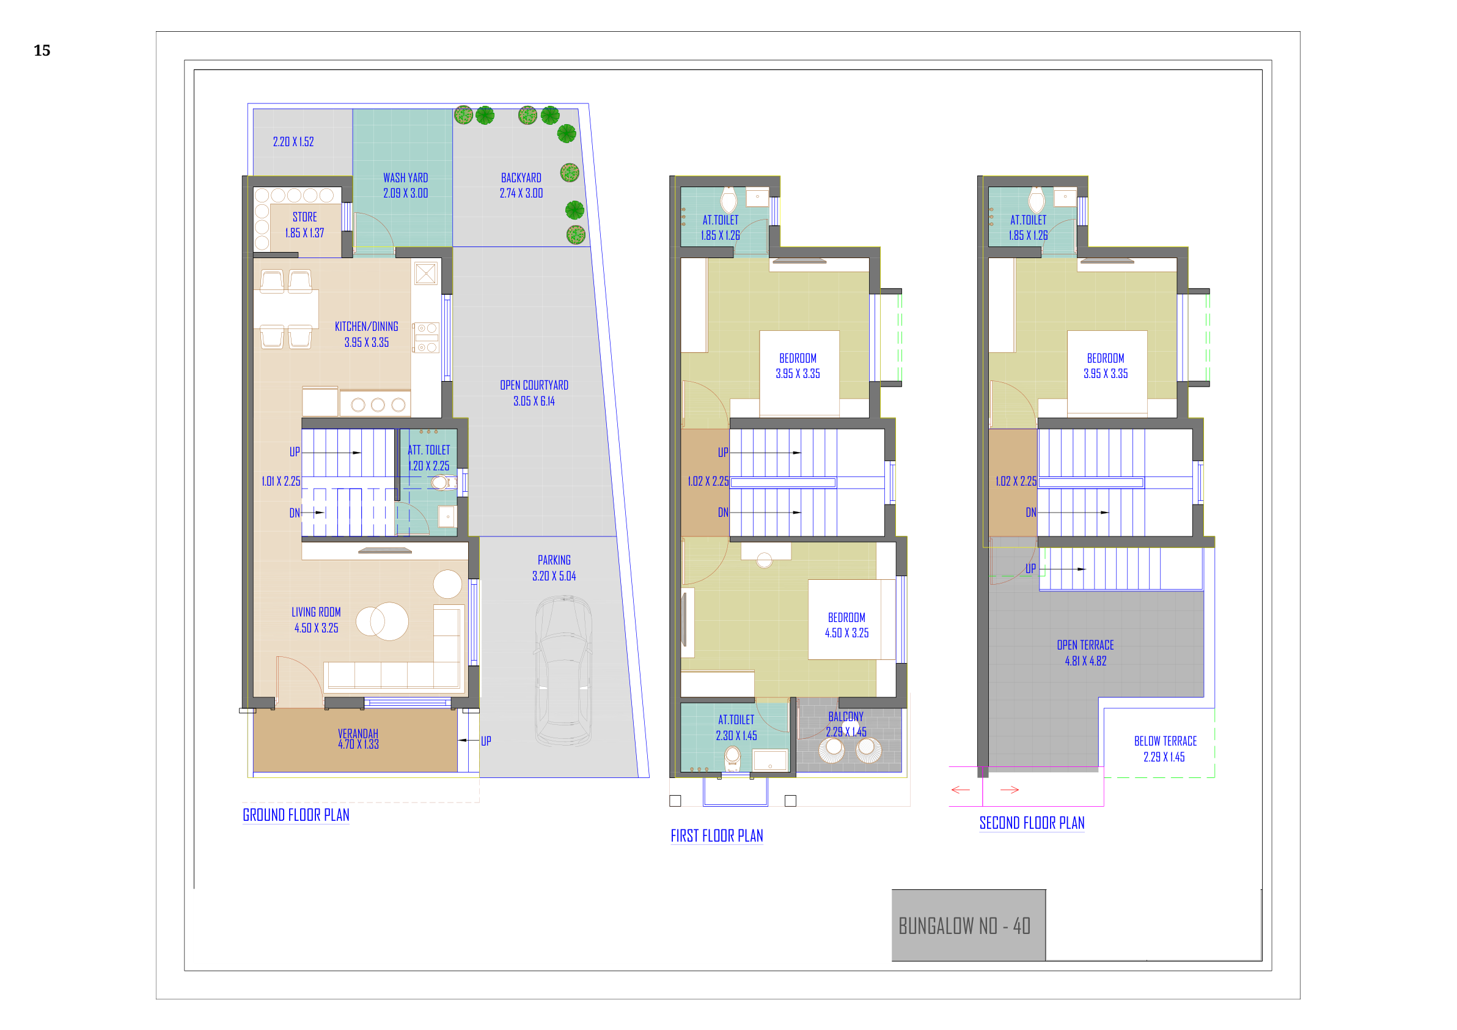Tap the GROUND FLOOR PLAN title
click(x=296, y=815)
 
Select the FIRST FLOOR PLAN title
click(x=716, y=835)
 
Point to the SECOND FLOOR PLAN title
click(x=1032, y=823)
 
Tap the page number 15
click(x=42, y=50)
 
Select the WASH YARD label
click(x=405, y=178)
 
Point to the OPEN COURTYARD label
click(x=534, y=385)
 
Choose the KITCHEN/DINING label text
click(x=367, y=327)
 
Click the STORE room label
click(x=304, y=217)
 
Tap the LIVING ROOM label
click(x=316, y=612)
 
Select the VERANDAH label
click(x=358, y=733)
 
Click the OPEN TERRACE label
click(x=1085, y=645)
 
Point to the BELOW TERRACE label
click(x=1165, y=741)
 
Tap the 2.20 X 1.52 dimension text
click(x=293, y=142)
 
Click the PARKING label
click(x=554, y=560)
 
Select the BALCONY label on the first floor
click(x=846, y=716)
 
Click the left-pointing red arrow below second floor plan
click(x=961, y=790)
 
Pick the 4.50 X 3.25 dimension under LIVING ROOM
click(x=316, y=628)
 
